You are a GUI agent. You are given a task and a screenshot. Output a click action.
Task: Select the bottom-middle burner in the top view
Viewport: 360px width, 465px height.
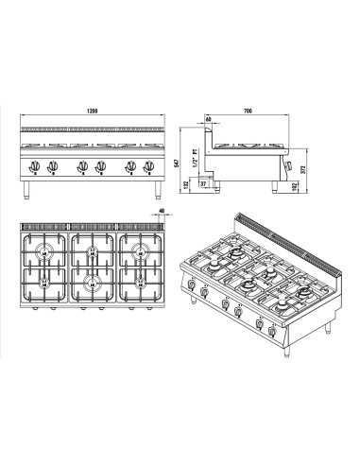[92, 281]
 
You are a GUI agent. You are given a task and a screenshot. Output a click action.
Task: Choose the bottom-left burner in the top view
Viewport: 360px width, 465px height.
[43, 281]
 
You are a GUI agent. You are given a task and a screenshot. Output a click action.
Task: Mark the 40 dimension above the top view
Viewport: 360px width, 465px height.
[163, 213]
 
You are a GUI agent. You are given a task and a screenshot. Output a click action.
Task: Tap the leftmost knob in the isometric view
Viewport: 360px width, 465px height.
[193, 287]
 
